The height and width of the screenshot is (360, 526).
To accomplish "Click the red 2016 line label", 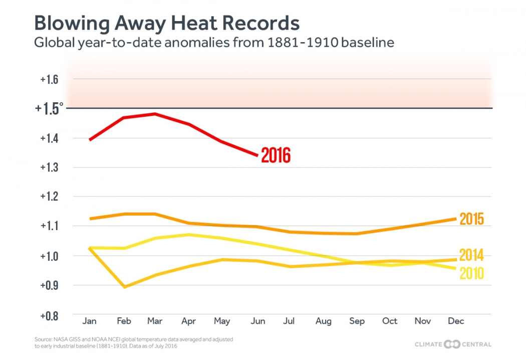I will (x=276, y=155).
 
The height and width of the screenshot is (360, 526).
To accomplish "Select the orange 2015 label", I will (x=471, y=219).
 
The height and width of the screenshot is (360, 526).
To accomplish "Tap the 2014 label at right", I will (x=471, y=255).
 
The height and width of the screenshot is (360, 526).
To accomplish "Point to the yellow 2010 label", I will (x=471, y=273).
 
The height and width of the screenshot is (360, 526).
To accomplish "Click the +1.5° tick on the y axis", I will (x=50, y=108).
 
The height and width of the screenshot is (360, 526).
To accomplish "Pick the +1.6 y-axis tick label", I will (x=50, y=79).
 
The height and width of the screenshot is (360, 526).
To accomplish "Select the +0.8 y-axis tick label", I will (x=50, y=316).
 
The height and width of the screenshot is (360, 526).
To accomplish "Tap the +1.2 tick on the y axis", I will (x=50, y=197).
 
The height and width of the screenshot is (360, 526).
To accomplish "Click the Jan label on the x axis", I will (x=89, y=321).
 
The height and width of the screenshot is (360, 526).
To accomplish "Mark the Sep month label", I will (x=357, y=321).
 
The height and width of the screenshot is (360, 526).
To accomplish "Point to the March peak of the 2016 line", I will (x=155, y=114).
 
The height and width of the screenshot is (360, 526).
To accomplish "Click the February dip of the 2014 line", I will (x=124, y=287).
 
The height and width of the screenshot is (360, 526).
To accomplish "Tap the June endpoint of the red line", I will (x=257, y=155).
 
